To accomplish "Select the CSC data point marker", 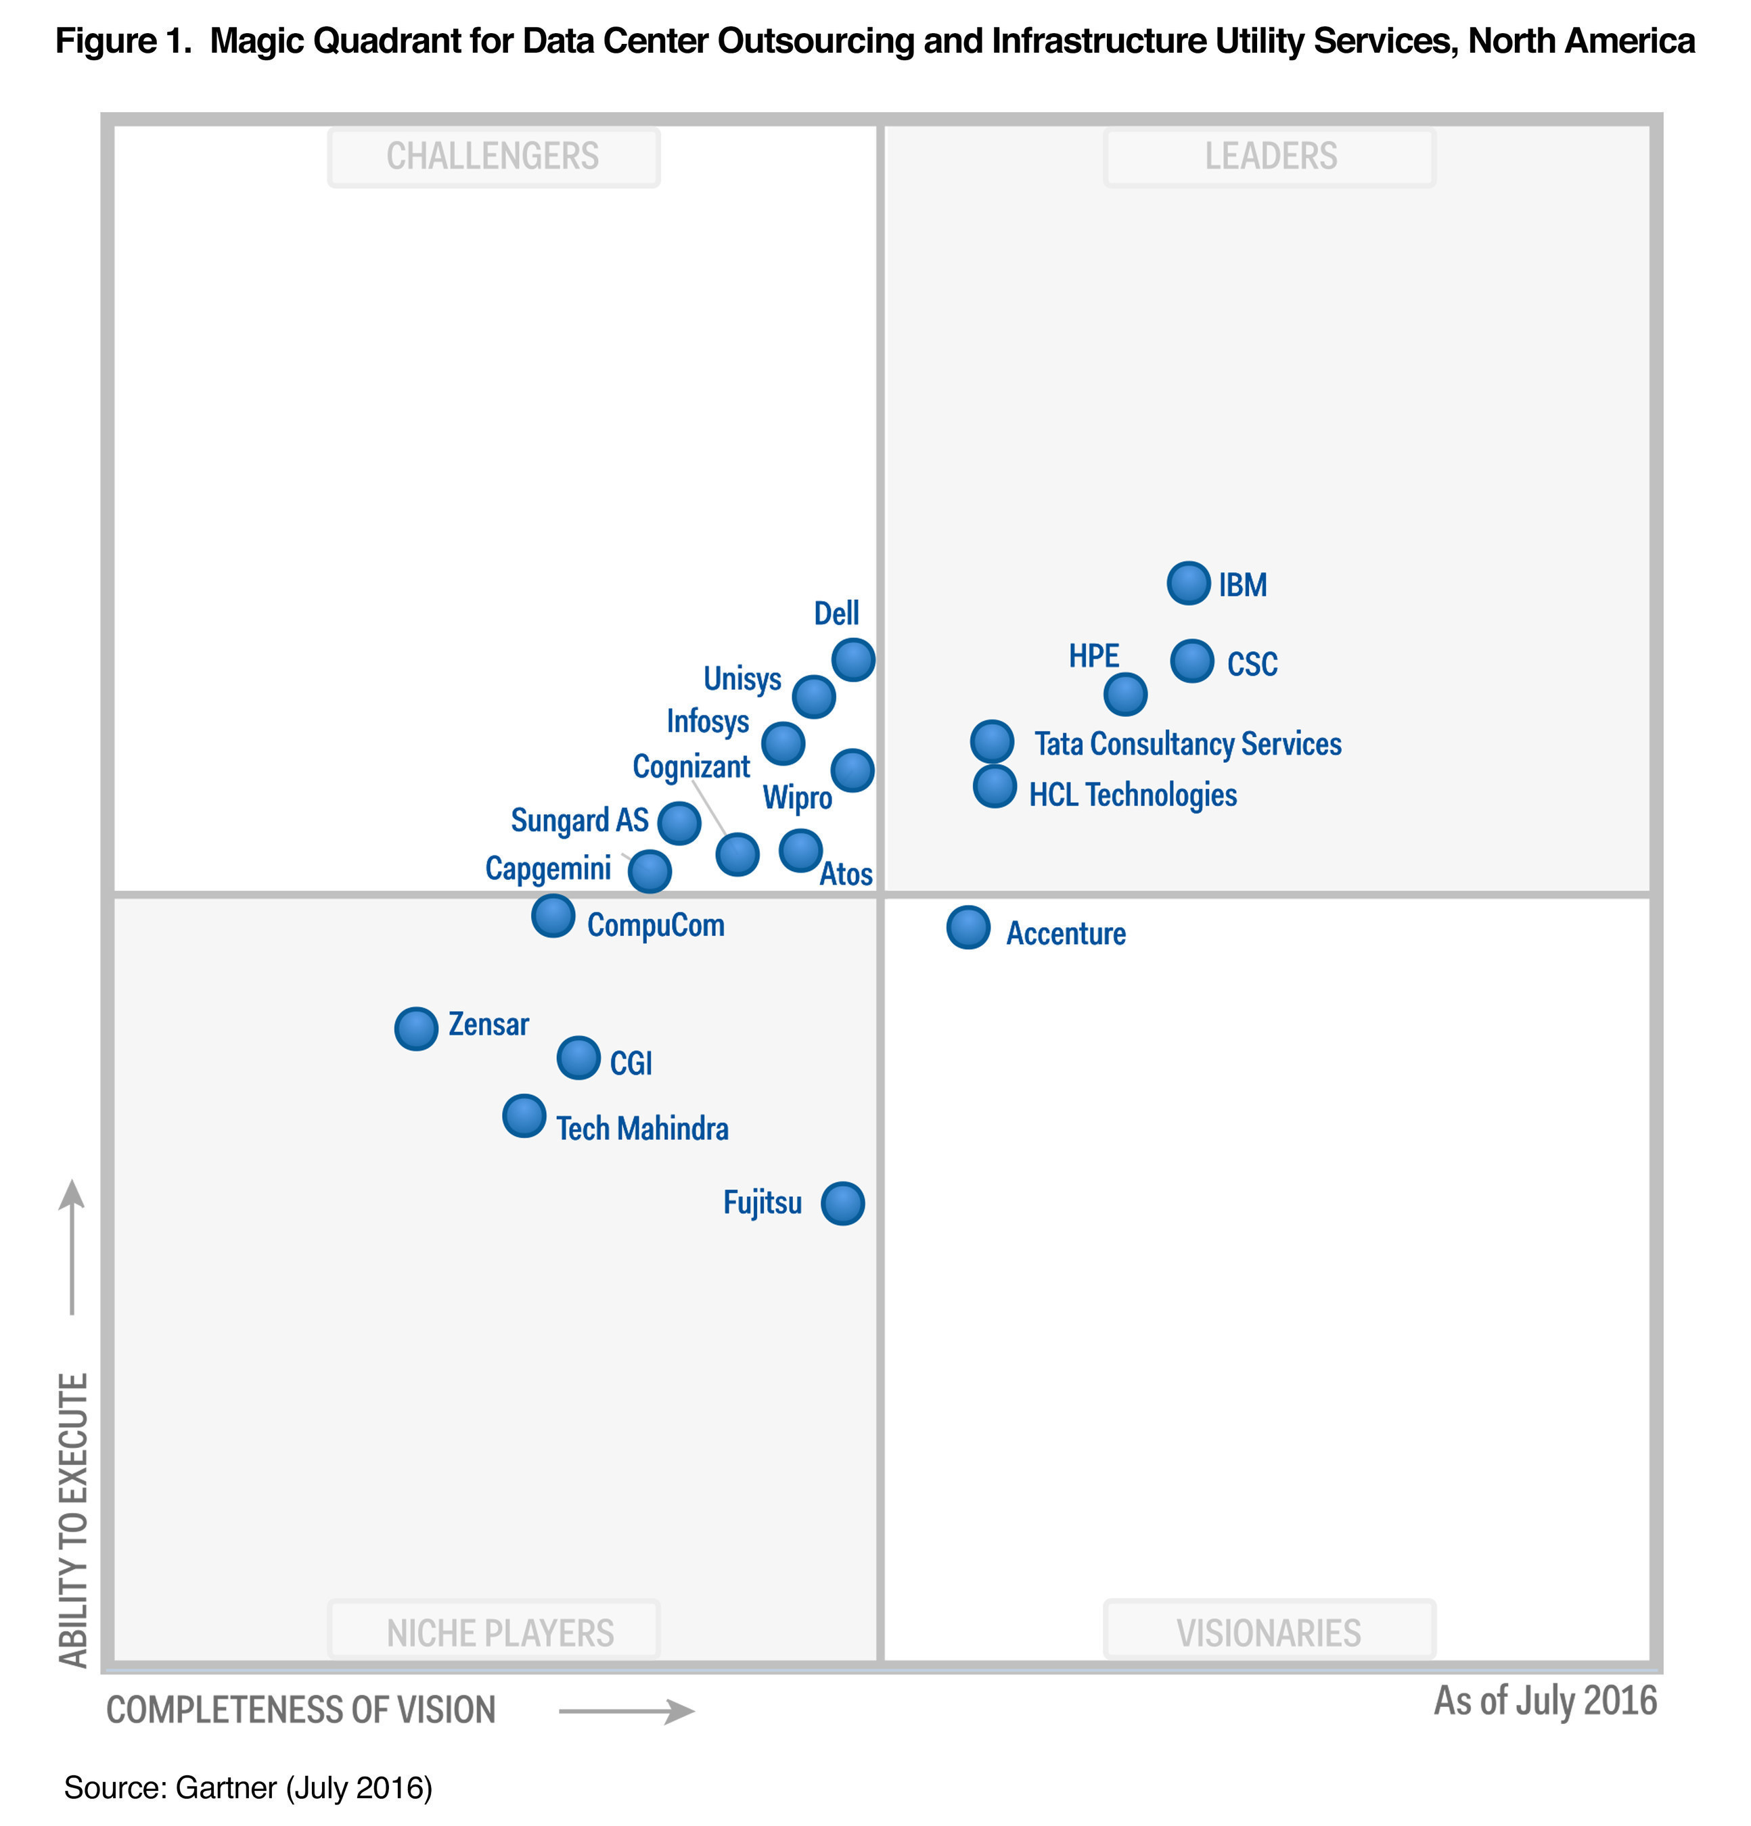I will click(x=1192, y=661).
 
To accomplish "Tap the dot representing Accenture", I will click(x=968, y=928).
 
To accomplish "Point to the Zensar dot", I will click(x=415, y=1029).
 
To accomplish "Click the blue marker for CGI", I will click(x=578, y=1058).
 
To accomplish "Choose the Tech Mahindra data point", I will click(x=524, y=1116).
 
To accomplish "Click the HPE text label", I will click(x=1093, y=656).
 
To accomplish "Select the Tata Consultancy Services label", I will click(x=1187, y=743).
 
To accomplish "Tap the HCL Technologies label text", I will click(x=1132, y=795).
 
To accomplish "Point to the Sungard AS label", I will click(x=578, y=820).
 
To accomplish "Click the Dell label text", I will click(x=836, y=613).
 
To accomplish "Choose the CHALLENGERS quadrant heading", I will click(x=493, y=156).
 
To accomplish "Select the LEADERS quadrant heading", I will click(x=1270, y=156).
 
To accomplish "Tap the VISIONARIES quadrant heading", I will click(x=1269, y=1633).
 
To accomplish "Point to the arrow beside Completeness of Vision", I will click(x=627, y=1710).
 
